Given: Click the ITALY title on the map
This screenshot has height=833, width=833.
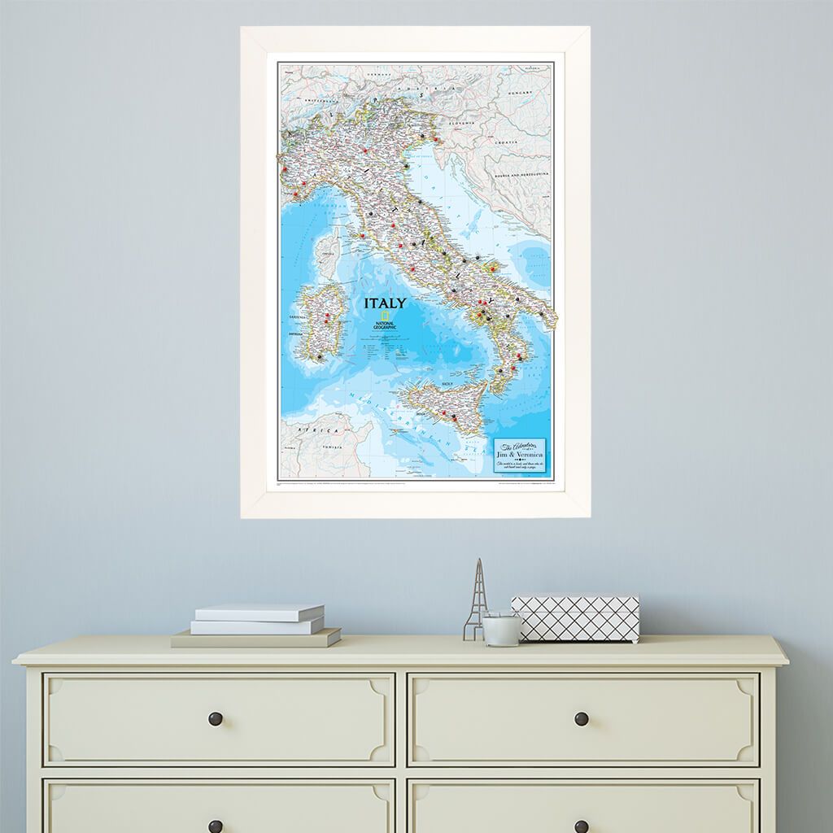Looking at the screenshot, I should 385,303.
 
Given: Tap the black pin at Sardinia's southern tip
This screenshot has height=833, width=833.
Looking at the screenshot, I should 320,356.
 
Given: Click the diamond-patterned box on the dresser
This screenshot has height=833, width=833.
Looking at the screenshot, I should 574,617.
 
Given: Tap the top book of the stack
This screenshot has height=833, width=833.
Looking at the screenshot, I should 259,613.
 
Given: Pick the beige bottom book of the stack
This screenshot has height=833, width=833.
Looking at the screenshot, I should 255,639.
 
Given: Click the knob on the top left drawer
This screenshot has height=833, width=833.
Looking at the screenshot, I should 216,718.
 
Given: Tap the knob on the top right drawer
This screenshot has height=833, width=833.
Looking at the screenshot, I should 581,718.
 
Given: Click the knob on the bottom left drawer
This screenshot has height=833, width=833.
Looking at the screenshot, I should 216,826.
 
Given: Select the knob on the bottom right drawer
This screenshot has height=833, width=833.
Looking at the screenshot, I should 581,826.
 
